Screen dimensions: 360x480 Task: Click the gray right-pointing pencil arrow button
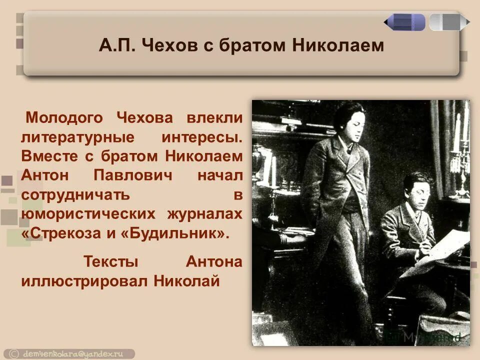pyautogui.click(x=449, y=22)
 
